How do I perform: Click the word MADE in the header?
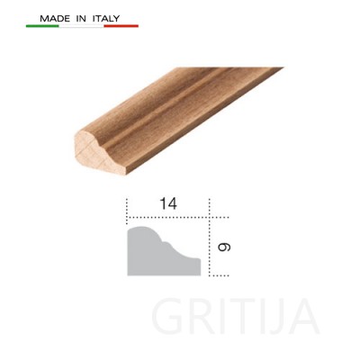click(x=55, y=19)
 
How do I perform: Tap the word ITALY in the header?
click(x=106, y=19)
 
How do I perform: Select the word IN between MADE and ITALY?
click(x=81, y=19)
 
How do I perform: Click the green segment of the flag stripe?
click(x=42, y=26)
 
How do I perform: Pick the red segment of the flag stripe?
click(x=121, y=26)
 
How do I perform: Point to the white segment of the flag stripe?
click(x=81, y=26)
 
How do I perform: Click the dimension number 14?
click(x=168, y=203)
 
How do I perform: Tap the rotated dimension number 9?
click(x=224, y=247)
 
